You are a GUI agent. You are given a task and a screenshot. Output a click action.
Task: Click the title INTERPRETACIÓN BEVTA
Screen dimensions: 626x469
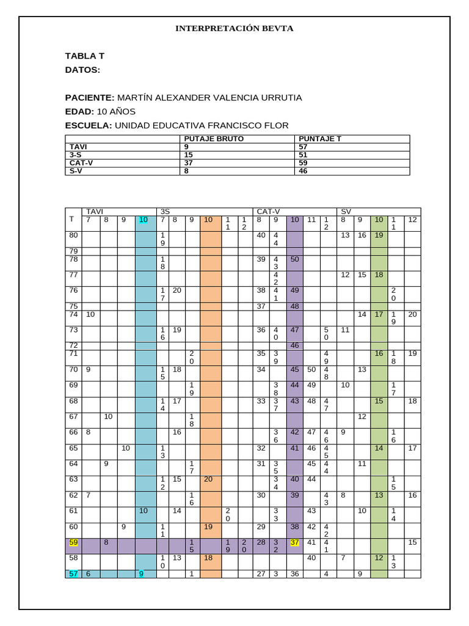coord(234,28)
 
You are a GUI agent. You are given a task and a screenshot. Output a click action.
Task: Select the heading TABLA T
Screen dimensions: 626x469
coord(85,56)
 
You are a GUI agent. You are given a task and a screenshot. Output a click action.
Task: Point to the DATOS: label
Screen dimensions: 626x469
coord(82,70)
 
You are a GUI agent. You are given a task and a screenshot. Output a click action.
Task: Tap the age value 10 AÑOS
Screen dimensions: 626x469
coord(116,112)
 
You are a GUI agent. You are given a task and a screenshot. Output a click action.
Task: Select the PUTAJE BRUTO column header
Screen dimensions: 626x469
coord(214,139)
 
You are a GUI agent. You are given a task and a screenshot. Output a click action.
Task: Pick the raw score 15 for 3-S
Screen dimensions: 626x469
coord(188,155)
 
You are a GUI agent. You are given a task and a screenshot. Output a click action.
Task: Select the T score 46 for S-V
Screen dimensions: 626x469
coord(304,171)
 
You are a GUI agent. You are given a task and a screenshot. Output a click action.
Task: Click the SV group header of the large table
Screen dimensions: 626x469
coord(346,211)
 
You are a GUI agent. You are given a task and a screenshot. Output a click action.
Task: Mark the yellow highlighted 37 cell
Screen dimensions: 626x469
coord(294,542)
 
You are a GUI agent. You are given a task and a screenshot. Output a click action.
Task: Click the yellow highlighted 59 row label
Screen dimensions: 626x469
coord(73,542)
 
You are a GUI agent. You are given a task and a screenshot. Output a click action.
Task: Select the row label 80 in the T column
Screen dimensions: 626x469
coord(73,235)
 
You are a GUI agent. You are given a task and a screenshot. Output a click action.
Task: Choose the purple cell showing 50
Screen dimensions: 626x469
coord(294,259)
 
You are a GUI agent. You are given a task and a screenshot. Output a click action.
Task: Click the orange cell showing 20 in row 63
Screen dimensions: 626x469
coord(208,479)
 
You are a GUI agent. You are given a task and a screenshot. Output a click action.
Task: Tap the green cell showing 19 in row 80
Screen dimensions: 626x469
coord(379,235)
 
